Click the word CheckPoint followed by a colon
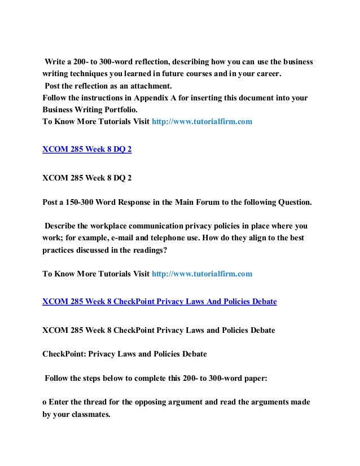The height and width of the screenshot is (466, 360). click(65, 354)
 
